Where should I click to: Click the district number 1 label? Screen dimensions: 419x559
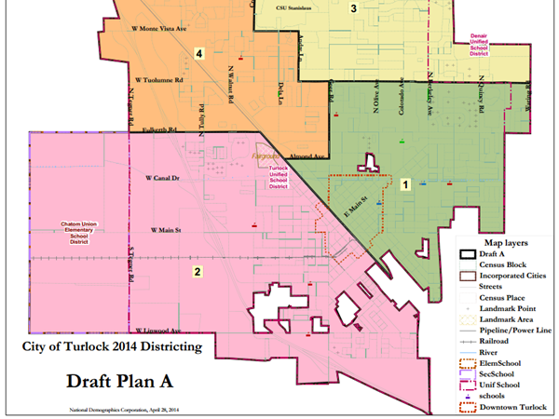coord(405,184)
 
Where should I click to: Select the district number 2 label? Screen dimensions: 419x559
coord(197,272)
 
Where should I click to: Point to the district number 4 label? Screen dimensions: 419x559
coord(199,52)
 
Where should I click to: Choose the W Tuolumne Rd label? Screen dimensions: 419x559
coord(157,81)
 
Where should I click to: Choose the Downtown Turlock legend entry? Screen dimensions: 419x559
coord(512,405)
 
